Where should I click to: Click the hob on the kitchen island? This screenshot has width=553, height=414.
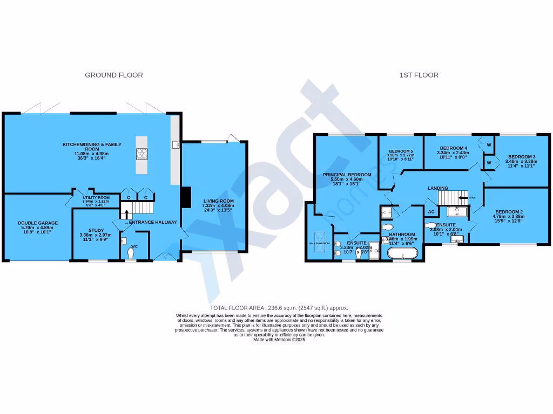tap(141, 155)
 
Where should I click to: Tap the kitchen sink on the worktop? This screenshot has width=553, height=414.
tap(175, 144)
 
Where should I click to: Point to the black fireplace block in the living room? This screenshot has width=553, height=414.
tap(185, 197)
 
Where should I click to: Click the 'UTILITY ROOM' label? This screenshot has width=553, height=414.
tap(96, 197)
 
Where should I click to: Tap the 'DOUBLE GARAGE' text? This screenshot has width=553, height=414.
tap(38, 223)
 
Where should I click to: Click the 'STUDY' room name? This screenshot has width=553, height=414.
tap(96, 230)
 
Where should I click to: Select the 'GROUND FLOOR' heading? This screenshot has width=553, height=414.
tap(114, 75)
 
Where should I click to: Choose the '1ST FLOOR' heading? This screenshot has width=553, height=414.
tap(419, 75)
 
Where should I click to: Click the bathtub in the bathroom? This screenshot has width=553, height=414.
tap(402, 254)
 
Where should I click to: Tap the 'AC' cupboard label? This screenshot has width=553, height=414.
tap(431, 212)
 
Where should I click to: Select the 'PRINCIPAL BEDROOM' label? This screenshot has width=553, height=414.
tap(347, 175)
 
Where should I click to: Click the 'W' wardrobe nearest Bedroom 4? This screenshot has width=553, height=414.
tap(488, 145)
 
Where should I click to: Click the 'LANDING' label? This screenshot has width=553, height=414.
tap(437, 188)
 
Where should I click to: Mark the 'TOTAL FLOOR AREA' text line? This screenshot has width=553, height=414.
tap(275, 307)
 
